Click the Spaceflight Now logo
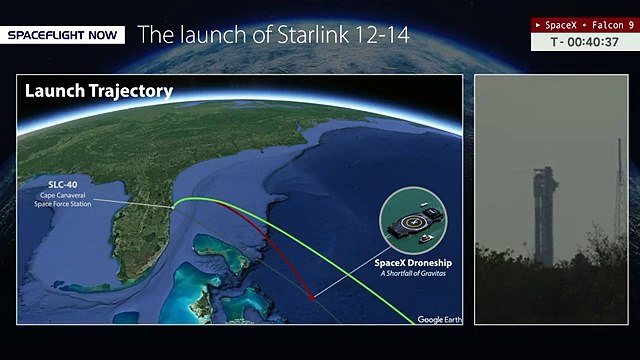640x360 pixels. click(65, 35)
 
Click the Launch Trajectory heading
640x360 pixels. click(99, 91)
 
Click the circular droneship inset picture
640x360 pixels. click(412, 222)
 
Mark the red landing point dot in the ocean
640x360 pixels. click(312, 297)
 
